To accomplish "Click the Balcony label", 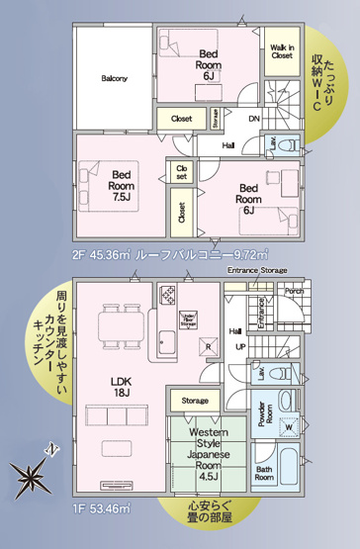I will click(114, 79).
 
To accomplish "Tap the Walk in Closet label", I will click(282, 52).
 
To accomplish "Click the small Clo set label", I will click(181, 173).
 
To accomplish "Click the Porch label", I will click(294, 292).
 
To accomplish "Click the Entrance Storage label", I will click(257, 270).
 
